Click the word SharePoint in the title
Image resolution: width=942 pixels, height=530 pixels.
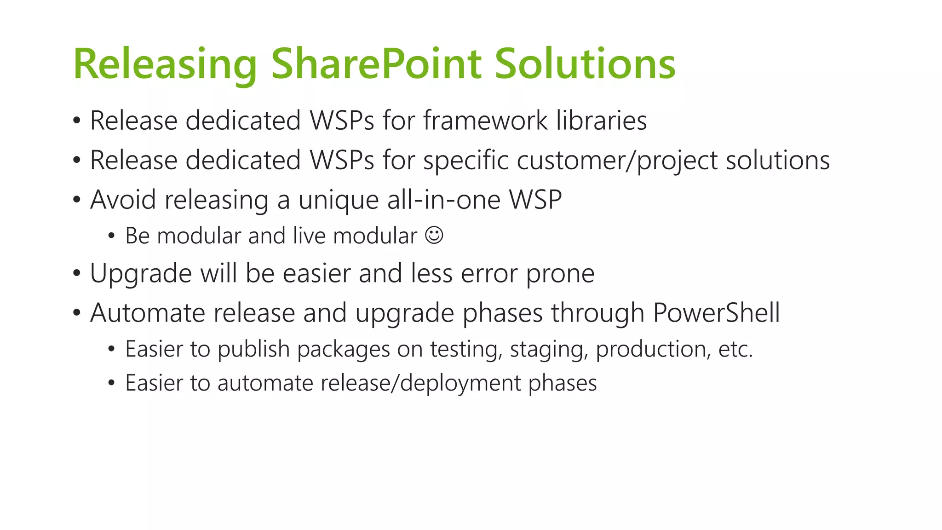376,64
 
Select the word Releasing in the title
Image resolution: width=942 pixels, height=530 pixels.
165,64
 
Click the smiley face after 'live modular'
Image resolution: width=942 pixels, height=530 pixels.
434,235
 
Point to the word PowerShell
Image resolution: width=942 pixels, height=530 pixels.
716,313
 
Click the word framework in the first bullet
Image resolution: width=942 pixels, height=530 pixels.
485,121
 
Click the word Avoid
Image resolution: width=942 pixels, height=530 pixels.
123,200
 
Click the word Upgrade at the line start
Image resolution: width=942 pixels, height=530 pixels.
140,274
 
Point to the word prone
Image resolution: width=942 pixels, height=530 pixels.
560,274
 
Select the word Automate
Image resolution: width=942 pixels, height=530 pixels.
147,313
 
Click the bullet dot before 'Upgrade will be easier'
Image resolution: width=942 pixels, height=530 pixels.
77,274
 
